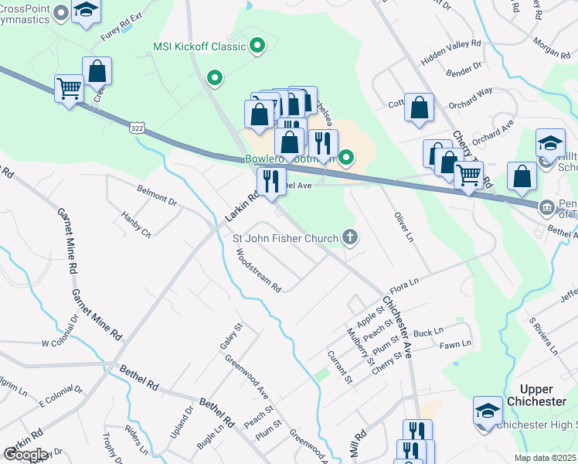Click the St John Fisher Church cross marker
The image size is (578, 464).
(x=351, y=237)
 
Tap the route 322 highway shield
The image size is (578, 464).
(x=137, y=125)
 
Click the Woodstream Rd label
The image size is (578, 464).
(x=258, y=270)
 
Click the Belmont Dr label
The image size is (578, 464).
(x=156, y=193)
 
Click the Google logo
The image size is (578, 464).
(x=25, y=454)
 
